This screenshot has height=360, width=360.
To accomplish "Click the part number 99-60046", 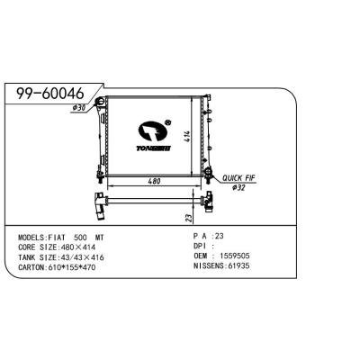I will (46, 93).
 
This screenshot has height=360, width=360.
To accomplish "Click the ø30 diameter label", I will (80, 109).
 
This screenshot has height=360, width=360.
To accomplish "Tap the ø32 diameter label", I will (238, 188).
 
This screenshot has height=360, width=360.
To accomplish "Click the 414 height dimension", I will (186, 136).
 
